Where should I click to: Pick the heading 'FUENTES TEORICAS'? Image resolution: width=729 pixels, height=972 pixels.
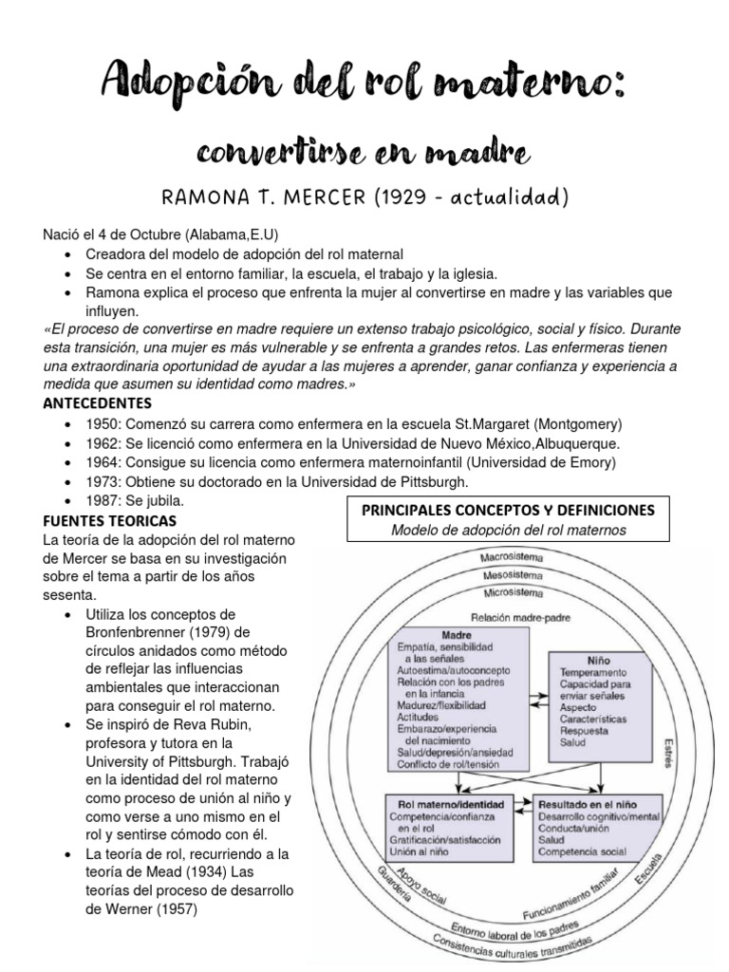point(111,521)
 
